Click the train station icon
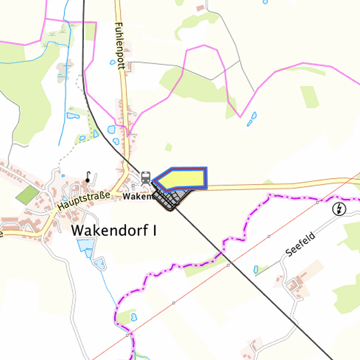(145, 177)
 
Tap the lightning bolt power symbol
(340, 209)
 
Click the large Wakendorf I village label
(114, 231)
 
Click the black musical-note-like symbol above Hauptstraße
(88, 177)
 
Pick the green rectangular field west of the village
(27, 195)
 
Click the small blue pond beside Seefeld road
(258, 269)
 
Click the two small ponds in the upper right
(252, 118)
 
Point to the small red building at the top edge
(201, 8)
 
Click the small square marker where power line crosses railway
(229, 265)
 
